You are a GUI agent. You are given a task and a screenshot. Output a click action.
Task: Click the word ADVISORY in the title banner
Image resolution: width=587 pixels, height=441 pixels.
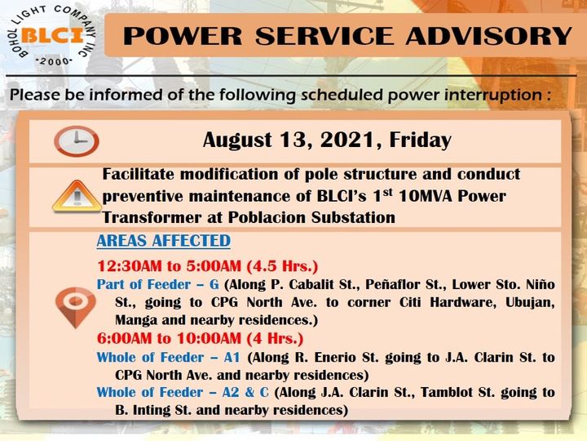pyautogui.click(x=489, y=36)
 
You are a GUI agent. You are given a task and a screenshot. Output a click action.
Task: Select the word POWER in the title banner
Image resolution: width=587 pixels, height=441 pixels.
pyautogui.click(x=183, y=36)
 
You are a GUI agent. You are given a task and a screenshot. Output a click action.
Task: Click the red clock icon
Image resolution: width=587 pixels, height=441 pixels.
pyautogui.click(x=77, y=141)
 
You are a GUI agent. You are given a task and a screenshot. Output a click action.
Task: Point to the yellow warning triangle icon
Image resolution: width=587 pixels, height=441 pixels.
pyautogui.click(x=77, y=197)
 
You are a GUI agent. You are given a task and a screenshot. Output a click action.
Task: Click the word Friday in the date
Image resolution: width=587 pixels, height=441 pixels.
pyautogui.click(x=421, y=140)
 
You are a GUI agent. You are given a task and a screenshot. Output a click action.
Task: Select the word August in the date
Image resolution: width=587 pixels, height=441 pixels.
pyautogui.click(x=237, y=140)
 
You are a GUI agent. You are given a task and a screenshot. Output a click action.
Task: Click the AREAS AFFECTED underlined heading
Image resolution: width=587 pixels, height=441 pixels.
pyautogui.click(x=164, y=241)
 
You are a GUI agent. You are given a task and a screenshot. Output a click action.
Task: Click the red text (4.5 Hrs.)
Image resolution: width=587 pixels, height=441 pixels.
pyautogui.click(x=282, y=266)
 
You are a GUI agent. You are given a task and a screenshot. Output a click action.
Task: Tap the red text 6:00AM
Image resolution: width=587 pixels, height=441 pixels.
pyautogui.click(x=124, y=338)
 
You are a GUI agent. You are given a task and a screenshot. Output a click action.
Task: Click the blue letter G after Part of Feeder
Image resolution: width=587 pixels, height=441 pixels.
pyautogui.click(x=214, y=284)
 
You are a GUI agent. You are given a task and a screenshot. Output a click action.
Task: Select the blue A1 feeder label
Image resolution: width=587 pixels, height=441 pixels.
pyautogui.click(x=232, y=357)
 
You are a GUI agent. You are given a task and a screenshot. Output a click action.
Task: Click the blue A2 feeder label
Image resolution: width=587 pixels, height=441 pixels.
pyautogui.click(x=231, y=392)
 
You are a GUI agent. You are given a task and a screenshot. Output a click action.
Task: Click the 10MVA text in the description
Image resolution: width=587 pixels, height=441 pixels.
pyautogui.click(x=426, y=196)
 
